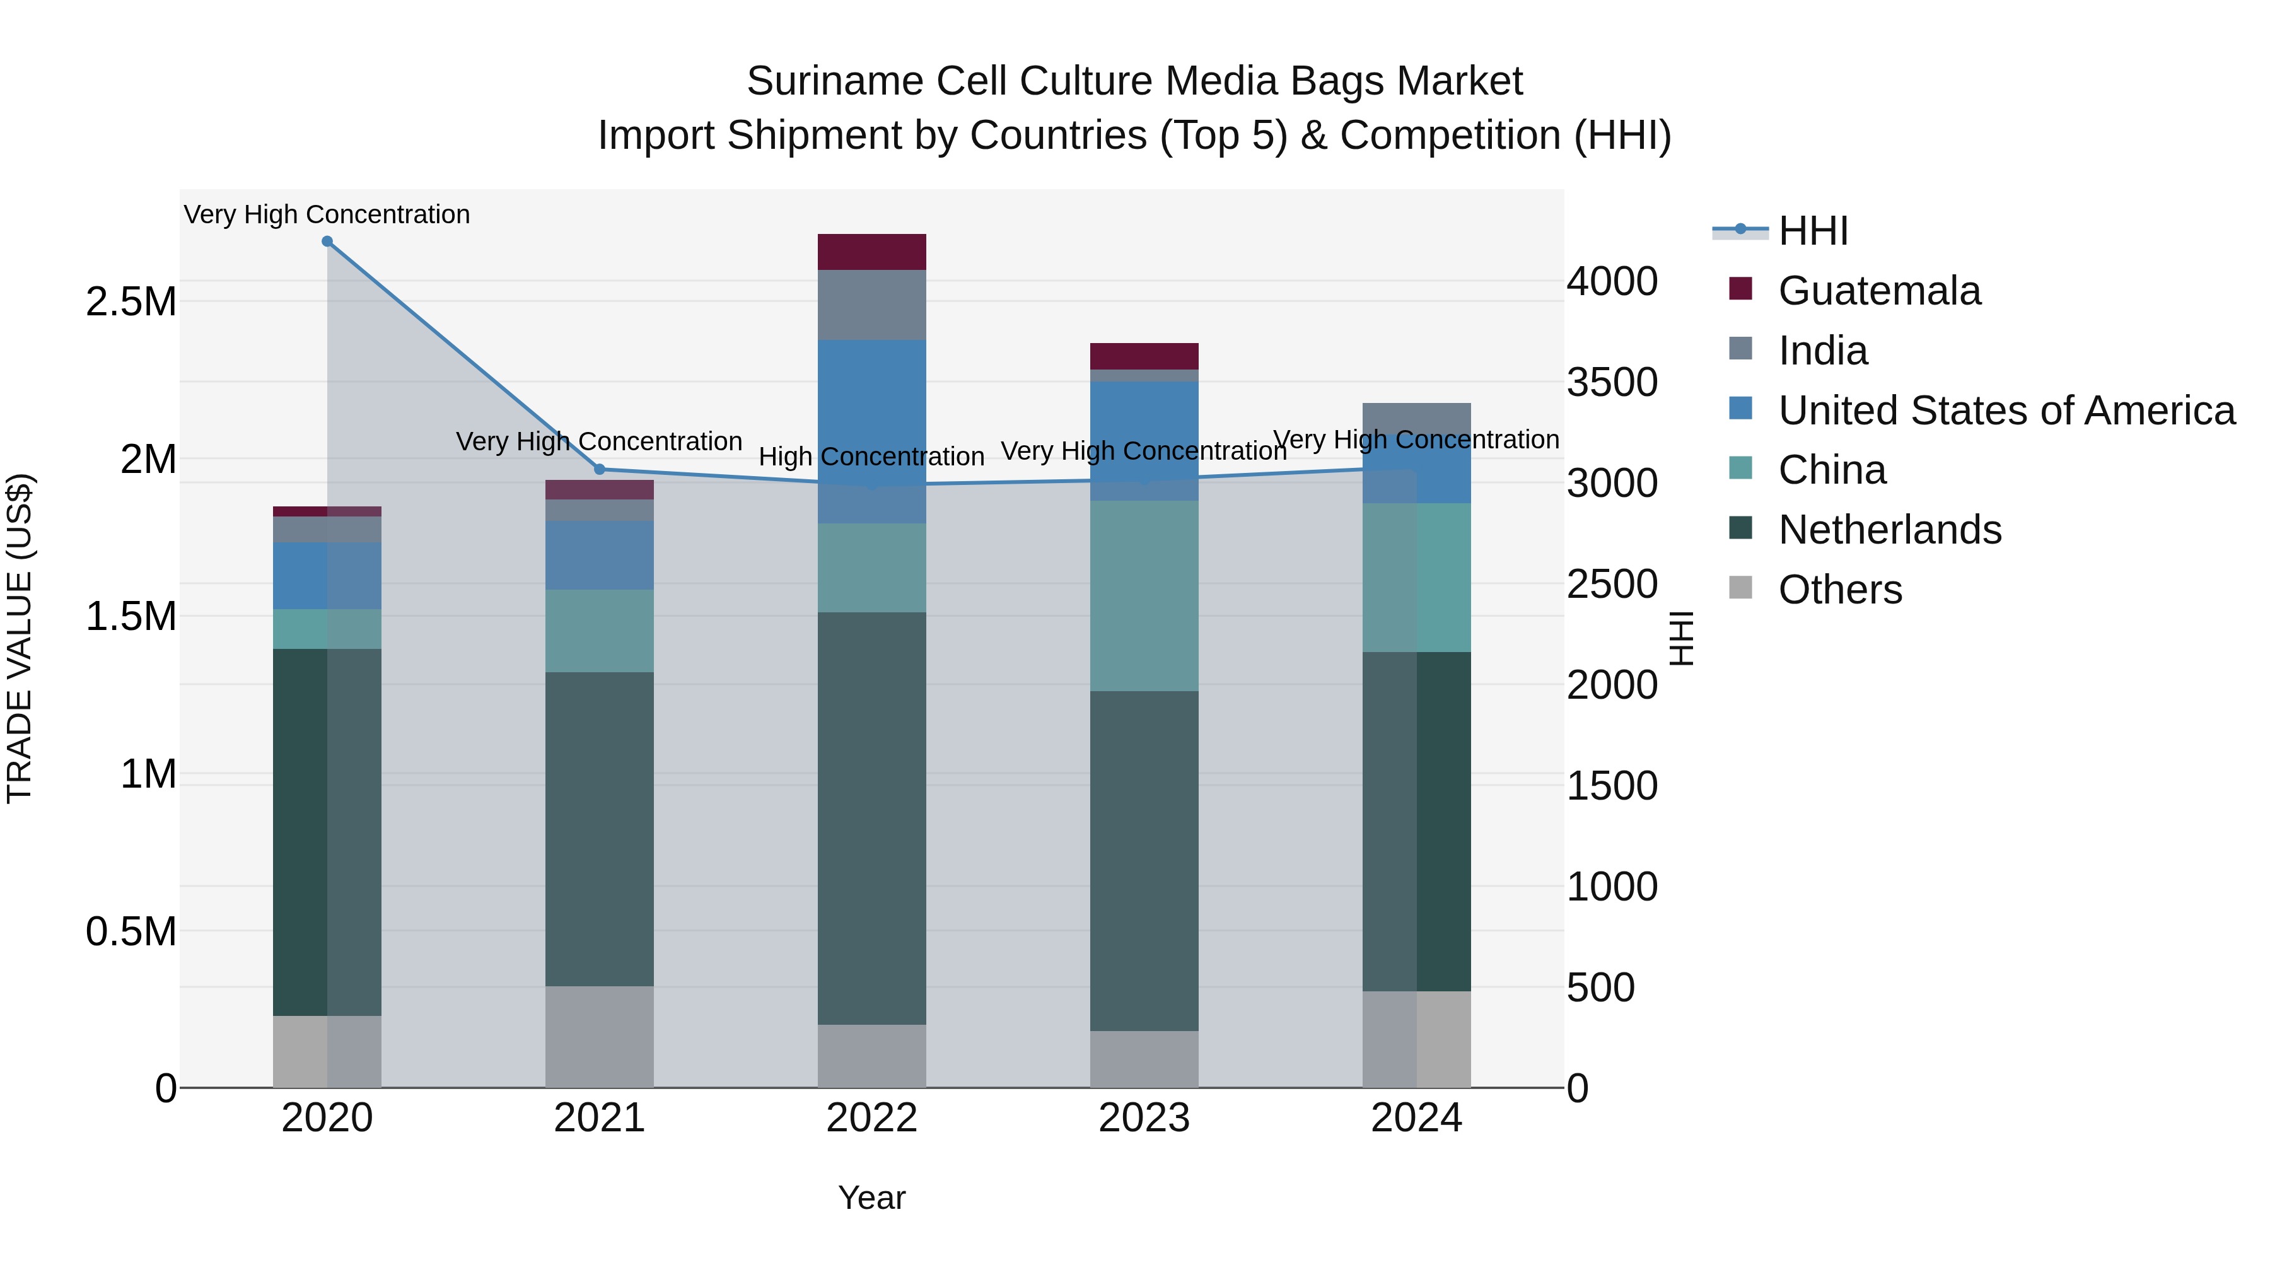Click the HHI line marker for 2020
(327, 242)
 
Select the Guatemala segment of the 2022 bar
(871, 252)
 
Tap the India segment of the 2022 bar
(871, 305)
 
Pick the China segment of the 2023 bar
(1144, 596)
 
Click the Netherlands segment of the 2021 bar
(599, 829)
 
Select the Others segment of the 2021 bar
(599, 1036)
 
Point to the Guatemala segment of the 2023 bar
(1144, 356)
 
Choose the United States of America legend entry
(2006, 411)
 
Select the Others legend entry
(1839, 590)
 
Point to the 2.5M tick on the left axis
(131, 302)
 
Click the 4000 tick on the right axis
(1612, 282)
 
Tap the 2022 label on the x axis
(871, 1118)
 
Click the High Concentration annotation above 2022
(871, 457)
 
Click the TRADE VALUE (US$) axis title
(20, 638)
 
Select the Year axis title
(871, 1198)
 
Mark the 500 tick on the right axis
(1600, 988)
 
